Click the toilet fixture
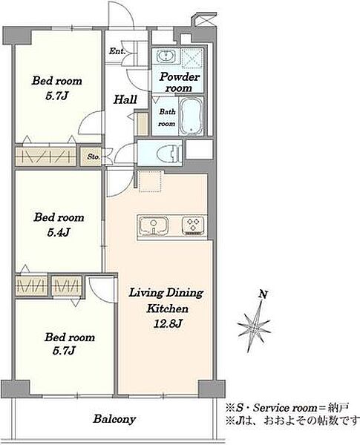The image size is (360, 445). pos(169,153)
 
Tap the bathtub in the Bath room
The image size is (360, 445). pos(192,116)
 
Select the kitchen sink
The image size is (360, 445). pos(154,226)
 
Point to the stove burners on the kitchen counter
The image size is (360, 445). pos(193,225)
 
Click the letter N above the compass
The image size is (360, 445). pos(263,295)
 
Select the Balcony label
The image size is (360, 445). pos(114,419)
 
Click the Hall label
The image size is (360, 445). pos(125,99)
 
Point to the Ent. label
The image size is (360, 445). pos(117,51)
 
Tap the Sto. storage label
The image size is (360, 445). pos(94,156)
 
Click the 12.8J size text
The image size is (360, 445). pos(167,323)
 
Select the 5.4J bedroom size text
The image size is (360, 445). pos(59,233)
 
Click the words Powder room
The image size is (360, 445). pos(180,82)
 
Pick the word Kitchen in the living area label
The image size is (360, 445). pos(167,309)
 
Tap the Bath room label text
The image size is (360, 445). pos(167,118)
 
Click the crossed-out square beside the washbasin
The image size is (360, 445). pos(192,59)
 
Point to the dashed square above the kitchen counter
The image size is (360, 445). pos(150,182)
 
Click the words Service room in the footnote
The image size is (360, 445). pos(285,408)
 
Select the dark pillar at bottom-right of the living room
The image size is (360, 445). pos(211,389)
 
